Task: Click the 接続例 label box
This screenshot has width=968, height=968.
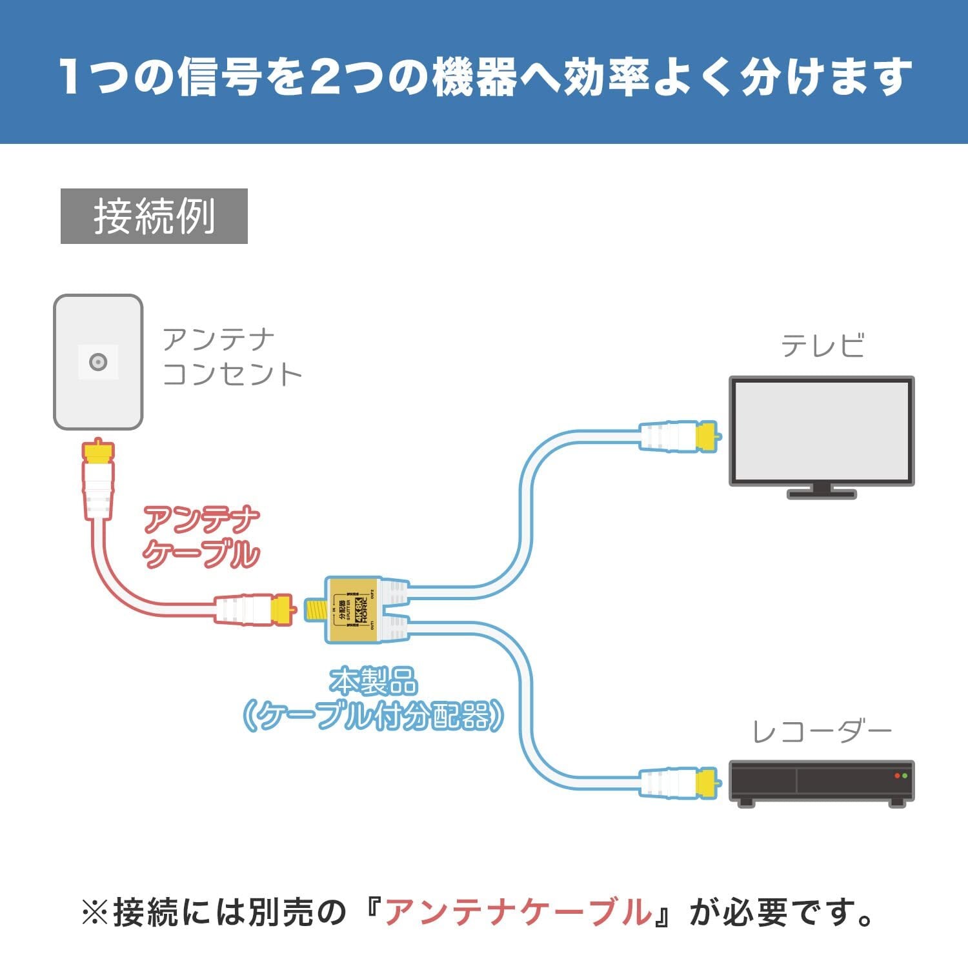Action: tap(154, 216)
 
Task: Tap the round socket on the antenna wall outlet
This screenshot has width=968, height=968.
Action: tap(98, 362)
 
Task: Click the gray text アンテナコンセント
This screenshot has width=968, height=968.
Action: tap(231, 357)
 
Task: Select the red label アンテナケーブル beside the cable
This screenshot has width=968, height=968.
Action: tap(201, 537)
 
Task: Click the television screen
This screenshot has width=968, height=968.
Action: tap(822, 430)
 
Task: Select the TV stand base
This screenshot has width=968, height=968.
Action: tap(822, 494)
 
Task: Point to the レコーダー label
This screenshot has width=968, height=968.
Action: tap(822, 732)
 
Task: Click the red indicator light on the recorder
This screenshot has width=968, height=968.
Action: tap(897, 776)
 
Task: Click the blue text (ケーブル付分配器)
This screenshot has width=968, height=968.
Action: tap(373, 716)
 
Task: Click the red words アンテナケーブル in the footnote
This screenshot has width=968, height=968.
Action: tap(518, 912)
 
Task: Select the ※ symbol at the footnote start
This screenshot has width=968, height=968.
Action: tap(94, 913)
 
